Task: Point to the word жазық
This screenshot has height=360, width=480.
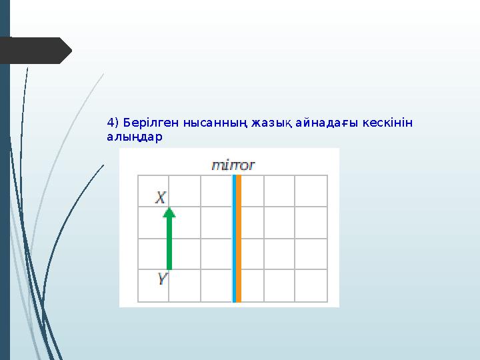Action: (266, 123)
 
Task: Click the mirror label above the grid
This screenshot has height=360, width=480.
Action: (233, 165)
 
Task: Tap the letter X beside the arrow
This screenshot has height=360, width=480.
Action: (161, 198)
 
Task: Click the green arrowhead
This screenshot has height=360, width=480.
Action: (169, 213)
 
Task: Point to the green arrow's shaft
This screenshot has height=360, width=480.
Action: (169, 243)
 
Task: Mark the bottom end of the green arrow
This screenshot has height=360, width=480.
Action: (169, 268)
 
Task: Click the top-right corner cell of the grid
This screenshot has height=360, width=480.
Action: (311, 191)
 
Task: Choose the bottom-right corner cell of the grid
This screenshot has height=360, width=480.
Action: (311, 285)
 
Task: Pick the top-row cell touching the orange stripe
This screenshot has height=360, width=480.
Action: (252, 191)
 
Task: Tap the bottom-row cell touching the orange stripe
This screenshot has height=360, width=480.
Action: (252, 285)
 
